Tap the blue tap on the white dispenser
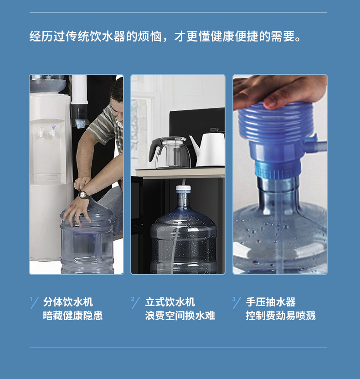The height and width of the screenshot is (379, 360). [52, 131]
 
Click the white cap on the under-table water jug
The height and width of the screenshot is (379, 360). [183, 188]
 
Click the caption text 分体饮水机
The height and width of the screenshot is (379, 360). [68, 302]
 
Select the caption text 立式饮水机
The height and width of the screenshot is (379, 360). [170, 302]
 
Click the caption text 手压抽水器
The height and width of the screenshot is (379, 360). [271, 302]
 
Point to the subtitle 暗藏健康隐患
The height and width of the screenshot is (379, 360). [73, 316]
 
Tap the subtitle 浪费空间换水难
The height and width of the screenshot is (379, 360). [180, 316]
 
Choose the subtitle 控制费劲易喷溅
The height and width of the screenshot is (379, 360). [281, 316]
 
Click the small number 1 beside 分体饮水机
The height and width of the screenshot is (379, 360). [31, 299]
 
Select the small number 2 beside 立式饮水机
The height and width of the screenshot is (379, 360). [133, 299]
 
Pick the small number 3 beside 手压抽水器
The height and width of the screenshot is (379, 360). [234, 299]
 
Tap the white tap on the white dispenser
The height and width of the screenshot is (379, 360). [41, 132]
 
